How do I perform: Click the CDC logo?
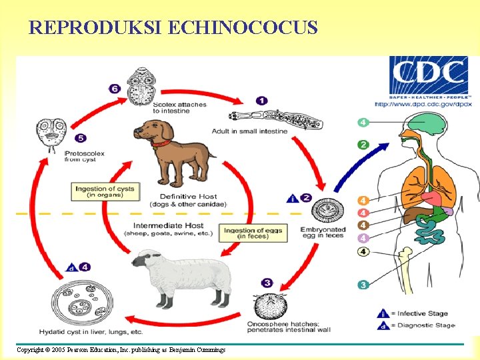[x=429, y=76]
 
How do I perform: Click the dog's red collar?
[x=160, y=143]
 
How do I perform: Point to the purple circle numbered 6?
[x=115, y=89]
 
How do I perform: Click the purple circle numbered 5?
[x=81, y=138]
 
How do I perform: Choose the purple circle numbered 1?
[x=262, y=100]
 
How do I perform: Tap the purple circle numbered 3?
[x=267, y=283]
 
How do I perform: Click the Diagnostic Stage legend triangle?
[x=383, y=325]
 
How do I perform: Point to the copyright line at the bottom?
[x=121, y=350]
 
